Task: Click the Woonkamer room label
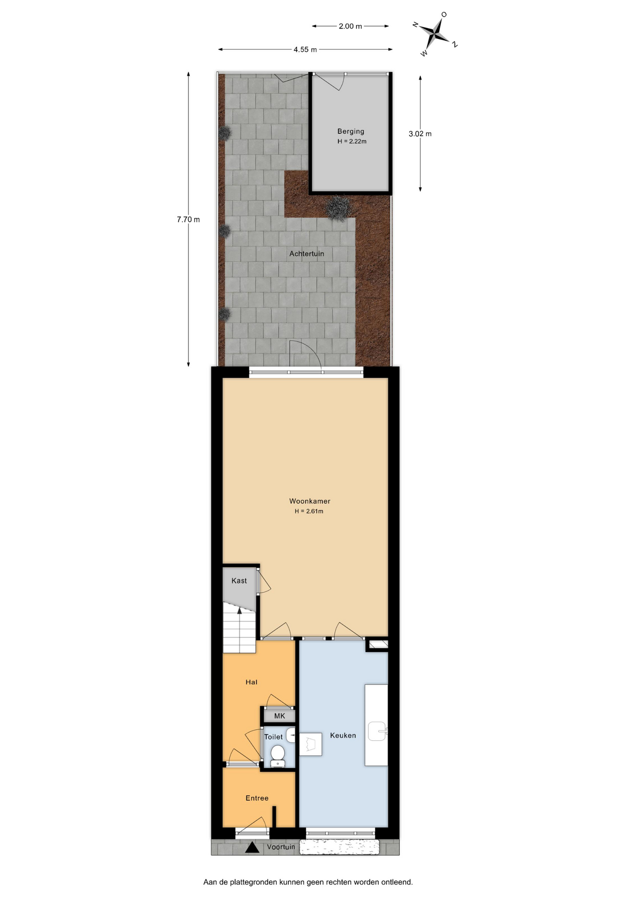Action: click(310, 501)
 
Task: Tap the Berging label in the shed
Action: click(351, 131)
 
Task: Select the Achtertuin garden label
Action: click(307, 253)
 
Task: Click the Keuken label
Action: click(343, 735)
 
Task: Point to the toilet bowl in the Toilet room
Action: click(278, 754)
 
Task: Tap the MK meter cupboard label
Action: click(280, 716)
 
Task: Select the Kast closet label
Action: click(239, 580)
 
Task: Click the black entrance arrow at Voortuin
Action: click(252, 847)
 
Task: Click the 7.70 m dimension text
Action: click(188, 219)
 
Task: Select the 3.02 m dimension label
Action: click(420, 134)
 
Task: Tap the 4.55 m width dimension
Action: click(305, 50)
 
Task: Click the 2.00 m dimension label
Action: click(350, 26)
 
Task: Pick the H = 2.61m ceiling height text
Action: click(309, 511)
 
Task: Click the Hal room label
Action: click(252, 682)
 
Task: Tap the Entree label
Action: click(257, 798)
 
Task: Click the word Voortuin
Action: click(281, 847)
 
